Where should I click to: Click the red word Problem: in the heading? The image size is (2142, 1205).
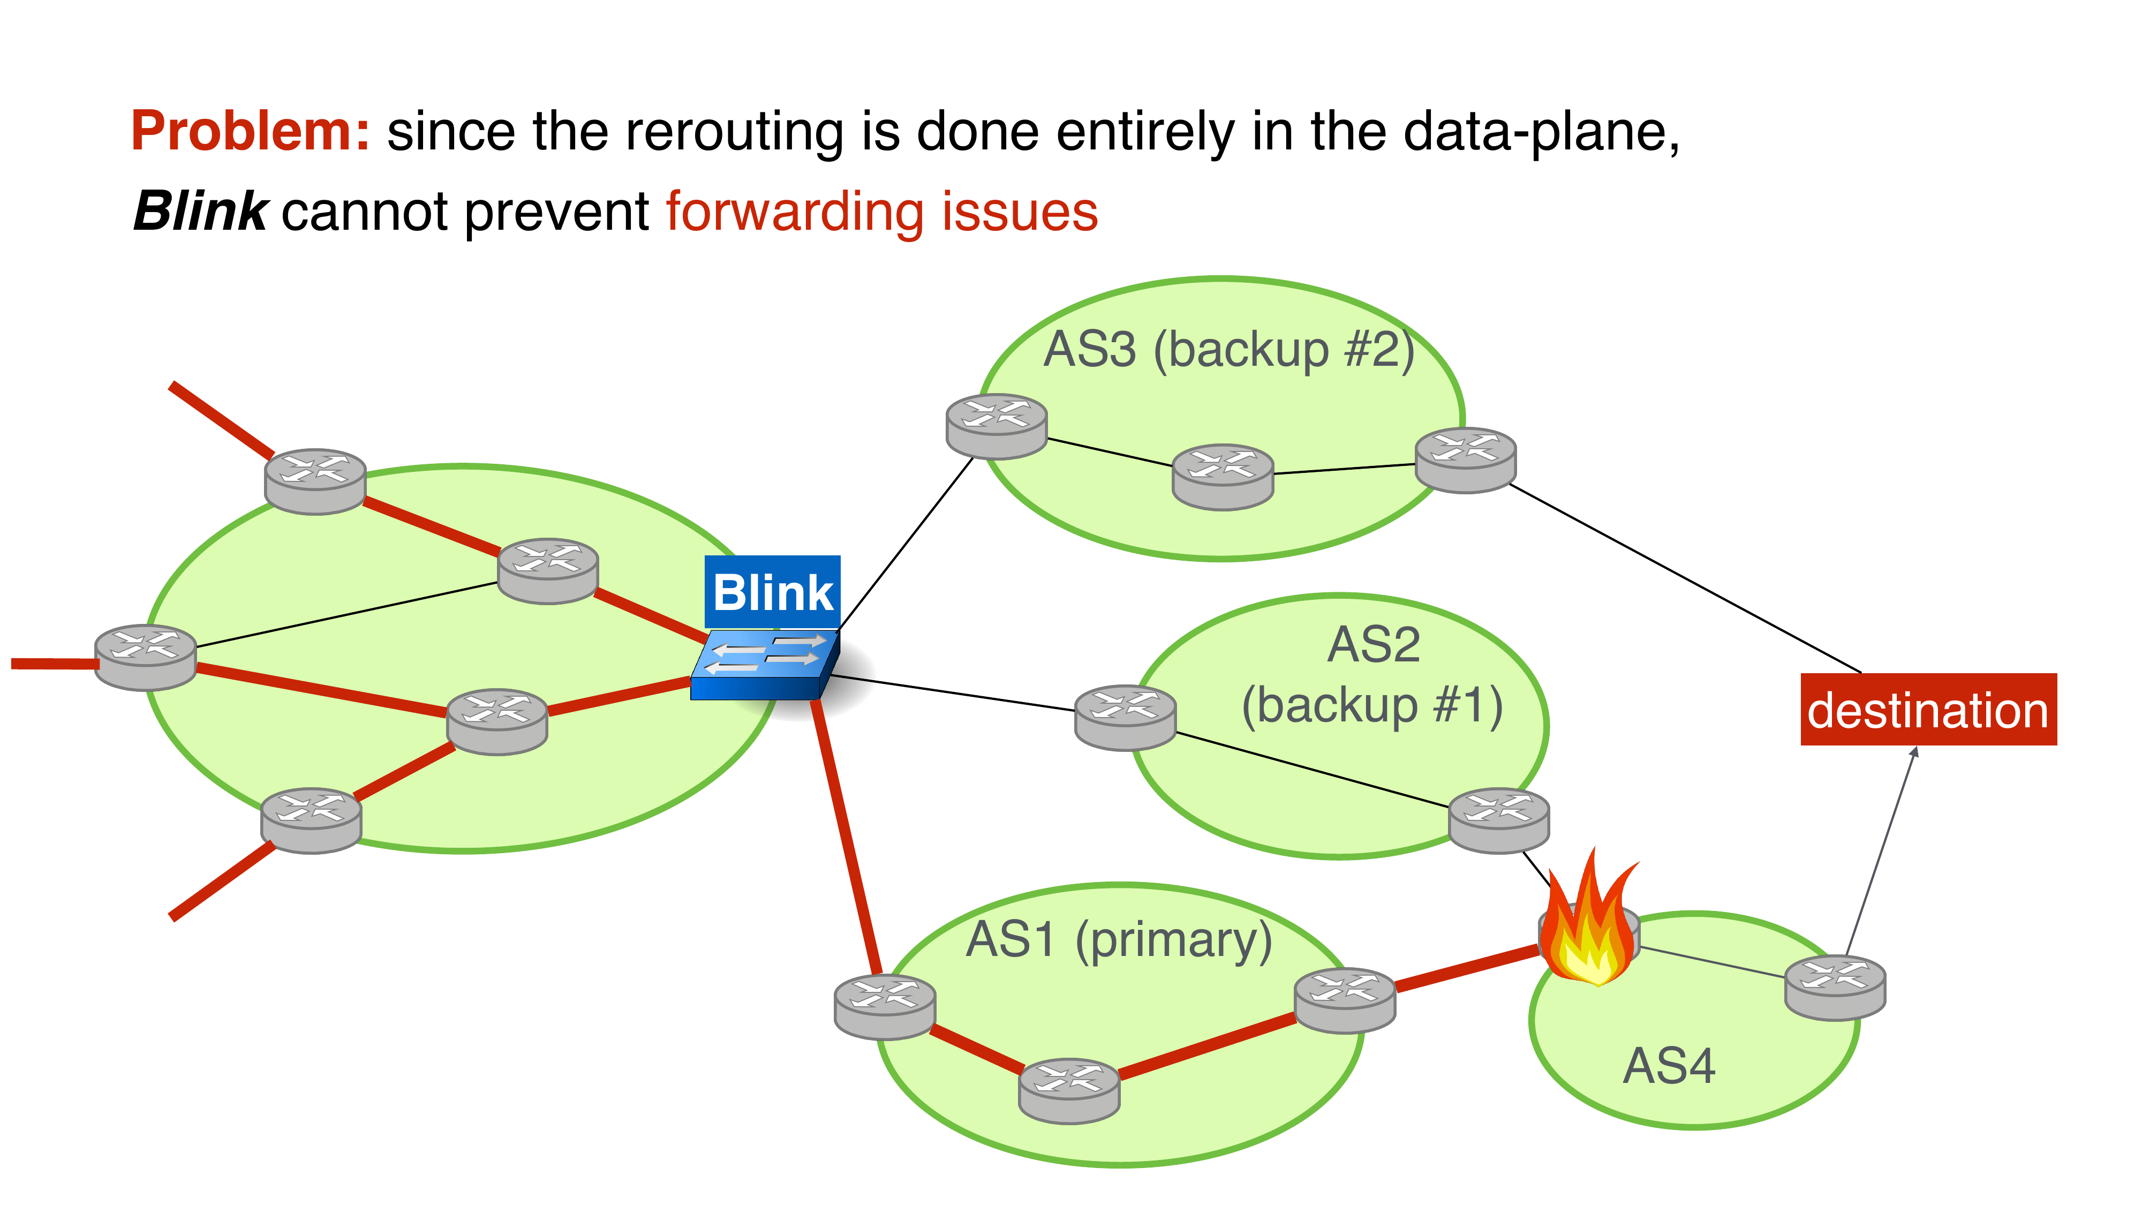click(x=250, y=131)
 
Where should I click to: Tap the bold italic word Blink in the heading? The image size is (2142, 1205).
click(x=200, y=210)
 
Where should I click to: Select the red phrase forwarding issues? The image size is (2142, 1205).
click(x=881, y=210)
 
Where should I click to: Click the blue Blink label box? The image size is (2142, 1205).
click(x=773, y=592)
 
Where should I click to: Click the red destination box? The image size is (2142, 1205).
click(x=1927, y=710)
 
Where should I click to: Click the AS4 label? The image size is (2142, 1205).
click(x=1668, y=1066)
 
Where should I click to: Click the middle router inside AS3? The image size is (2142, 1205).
click(x=1223, y=477)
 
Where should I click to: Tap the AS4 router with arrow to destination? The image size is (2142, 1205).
click(x=1835, y=987)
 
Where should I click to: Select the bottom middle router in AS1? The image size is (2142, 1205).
click(x=1069, y=1090)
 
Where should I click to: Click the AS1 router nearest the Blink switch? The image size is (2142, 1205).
click(x=885, y=1006)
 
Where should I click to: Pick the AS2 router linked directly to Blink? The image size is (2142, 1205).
click(x=1125, y=717)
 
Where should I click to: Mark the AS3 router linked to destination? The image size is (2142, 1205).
click(x=1465, y=460)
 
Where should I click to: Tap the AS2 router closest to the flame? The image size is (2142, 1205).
click(x=1498, y=820)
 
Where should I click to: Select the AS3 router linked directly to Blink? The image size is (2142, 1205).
click(x=996, y=426)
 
